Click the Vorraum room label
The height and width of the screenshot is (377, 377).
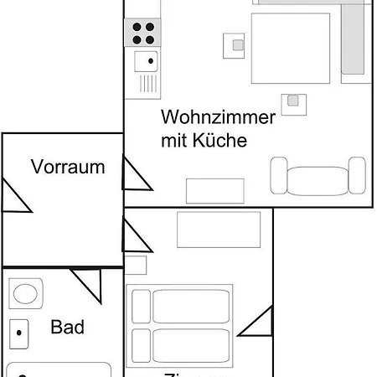(69, 167)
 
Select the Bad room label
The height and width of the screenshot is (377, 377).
(68, 327)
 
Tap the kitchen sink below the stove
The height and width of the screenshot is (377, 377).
(144, 60)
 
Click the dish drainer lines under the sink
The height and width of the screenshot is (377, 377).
(147, 83)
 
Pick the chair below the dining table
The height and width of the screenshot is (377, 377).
(293, 101)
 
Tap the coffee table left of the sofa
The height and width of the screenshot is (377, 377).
(214, 190)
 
